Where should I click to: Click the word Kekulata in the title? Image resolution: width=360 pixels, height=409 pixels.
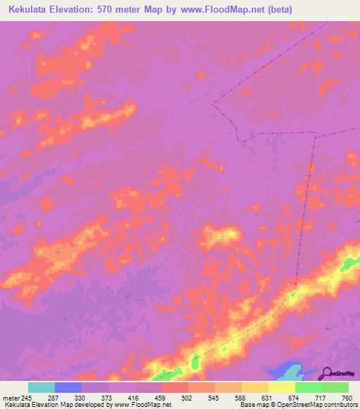click(32, 10)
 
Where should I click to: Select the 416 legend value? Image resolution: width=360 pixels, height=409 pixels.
click(135, 397)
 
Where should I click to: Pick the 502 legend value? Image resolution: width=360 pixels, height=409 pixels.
click(188, 397)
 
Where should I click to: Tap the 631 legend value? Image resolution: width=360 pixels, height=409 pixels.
click(269, 397)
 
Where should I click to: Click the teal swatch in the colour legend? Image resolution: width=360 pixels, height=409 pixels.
click(41, 387)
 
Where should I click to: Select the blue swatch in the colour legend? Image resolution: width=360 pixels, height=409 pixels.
click(68, 387)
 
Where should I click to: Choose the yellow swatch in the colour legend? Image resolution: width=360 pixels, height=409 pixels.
click(281, 387)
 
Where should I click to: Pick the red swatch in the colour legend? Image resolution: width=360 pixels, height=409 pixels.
click(175, 387)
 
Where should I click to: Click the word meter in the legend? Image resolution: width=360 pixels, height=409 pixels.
click(10, 397)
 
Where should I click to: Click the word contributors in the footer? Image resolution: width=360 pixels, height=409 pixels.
click(341, 405)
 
